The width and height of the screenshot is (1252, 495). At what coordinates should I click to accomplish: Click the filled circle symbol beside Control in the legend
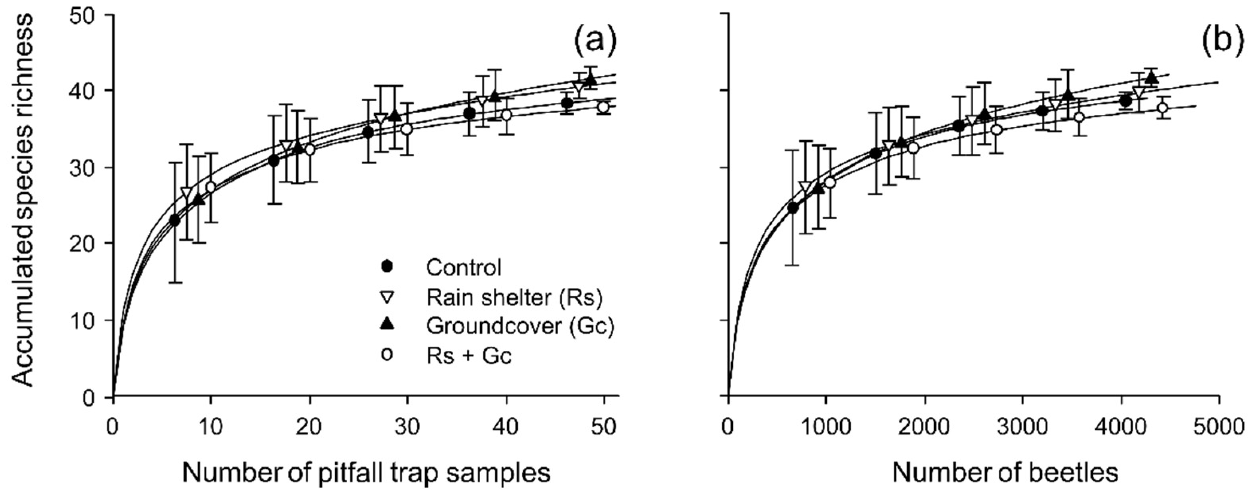click(x=387, y=267)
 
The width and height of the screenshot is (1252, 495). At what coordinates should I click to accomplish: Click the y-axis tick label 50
click(x=88, y=15)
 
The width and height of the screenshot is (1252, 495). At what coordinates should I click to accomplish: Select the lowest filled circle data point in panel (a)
click(x=174, y=221)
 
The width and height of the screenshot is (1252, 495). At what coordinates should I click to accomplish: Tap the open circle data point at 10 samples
click(x=210, y=187)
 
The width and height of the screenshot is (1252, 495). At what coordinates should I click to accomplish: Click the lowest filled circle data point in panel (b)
click(x=793, y=208)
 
